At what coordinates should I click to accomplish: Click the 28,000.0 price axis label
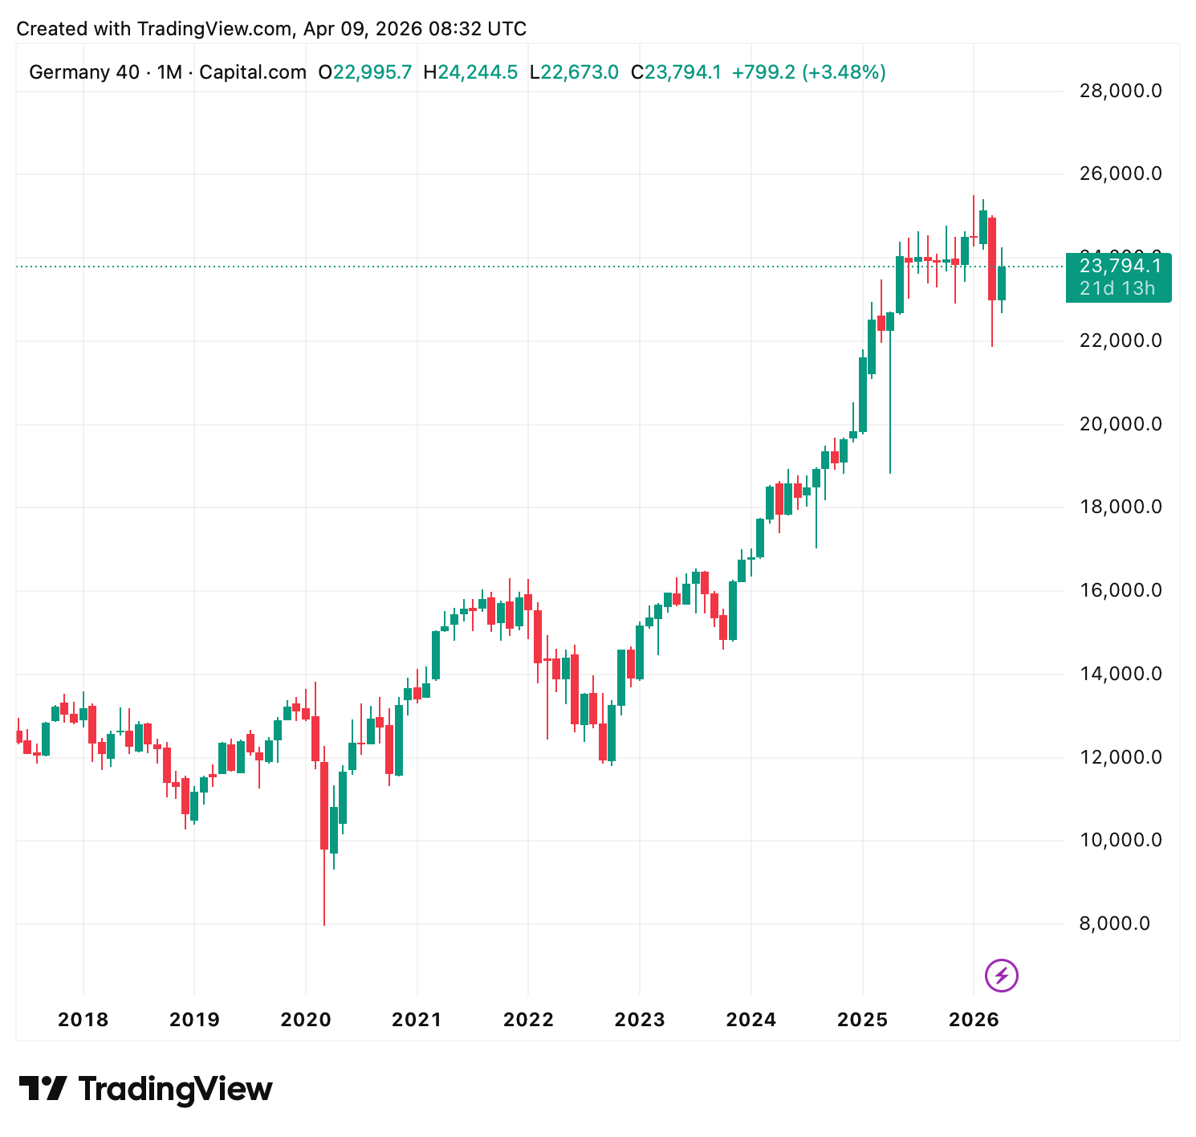1121,91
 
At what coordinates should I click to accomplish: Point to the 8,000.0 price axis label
1121,923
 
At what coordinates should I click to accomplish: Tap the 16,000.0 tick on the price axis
1121,590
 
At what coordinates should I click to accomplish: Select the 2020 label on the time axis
306,1020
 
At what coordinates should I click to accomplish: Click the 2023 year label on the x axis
640,1020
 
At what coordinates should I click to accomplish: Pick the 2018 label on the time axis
83,1020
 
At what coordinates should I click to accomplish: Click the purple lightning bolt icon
1001,976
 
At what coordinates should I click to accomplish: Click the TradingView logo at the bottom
146,1090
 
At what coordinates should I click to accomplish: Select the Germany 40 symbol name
84,72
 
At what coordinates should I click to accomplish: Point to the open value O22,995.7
365,72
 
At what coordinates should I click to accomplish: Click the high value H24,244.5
470,72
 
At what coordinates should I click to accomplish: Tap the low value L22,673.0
574,72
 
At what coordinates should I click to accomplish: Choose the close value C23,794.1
676,72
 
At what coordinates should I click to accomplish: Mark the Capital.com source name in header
253,72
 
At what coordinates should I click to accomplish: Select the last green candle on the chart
1002,283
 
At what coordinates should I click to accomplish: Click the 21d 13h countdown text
1117,288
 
